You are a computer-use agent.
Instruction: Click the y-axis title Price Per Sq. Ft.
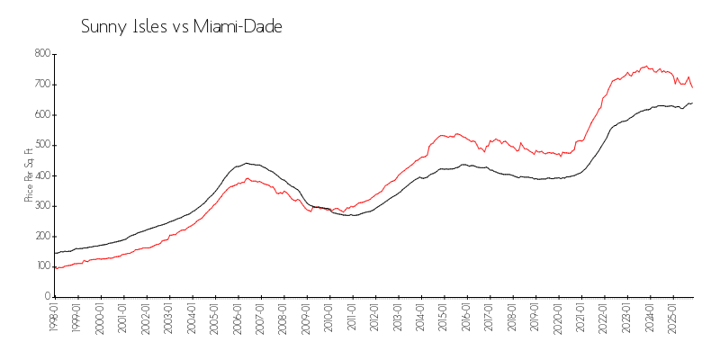[29, 175]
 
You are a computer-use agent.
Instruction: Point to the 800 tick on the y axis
[41, 54]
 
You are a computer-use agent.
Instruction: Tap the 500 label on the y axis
[41, 145]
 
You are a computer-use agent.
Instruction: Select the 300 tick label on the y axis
[41, 205]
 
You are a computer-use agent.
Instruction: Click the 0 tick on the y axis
[46, 296]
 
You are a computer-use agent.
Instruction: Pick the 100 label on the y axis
[41, 265]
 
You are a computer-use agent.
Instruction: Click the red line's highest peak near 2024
[645, 66]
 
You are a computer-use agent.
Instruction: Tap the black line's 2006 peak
[247, 163]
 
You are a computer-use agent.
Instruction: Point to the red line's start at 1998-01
[55, 267]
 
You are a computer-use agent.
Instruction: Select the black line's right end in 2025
[692, 103]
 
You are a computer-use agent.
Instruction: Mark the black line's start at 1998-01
[55, 253]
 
